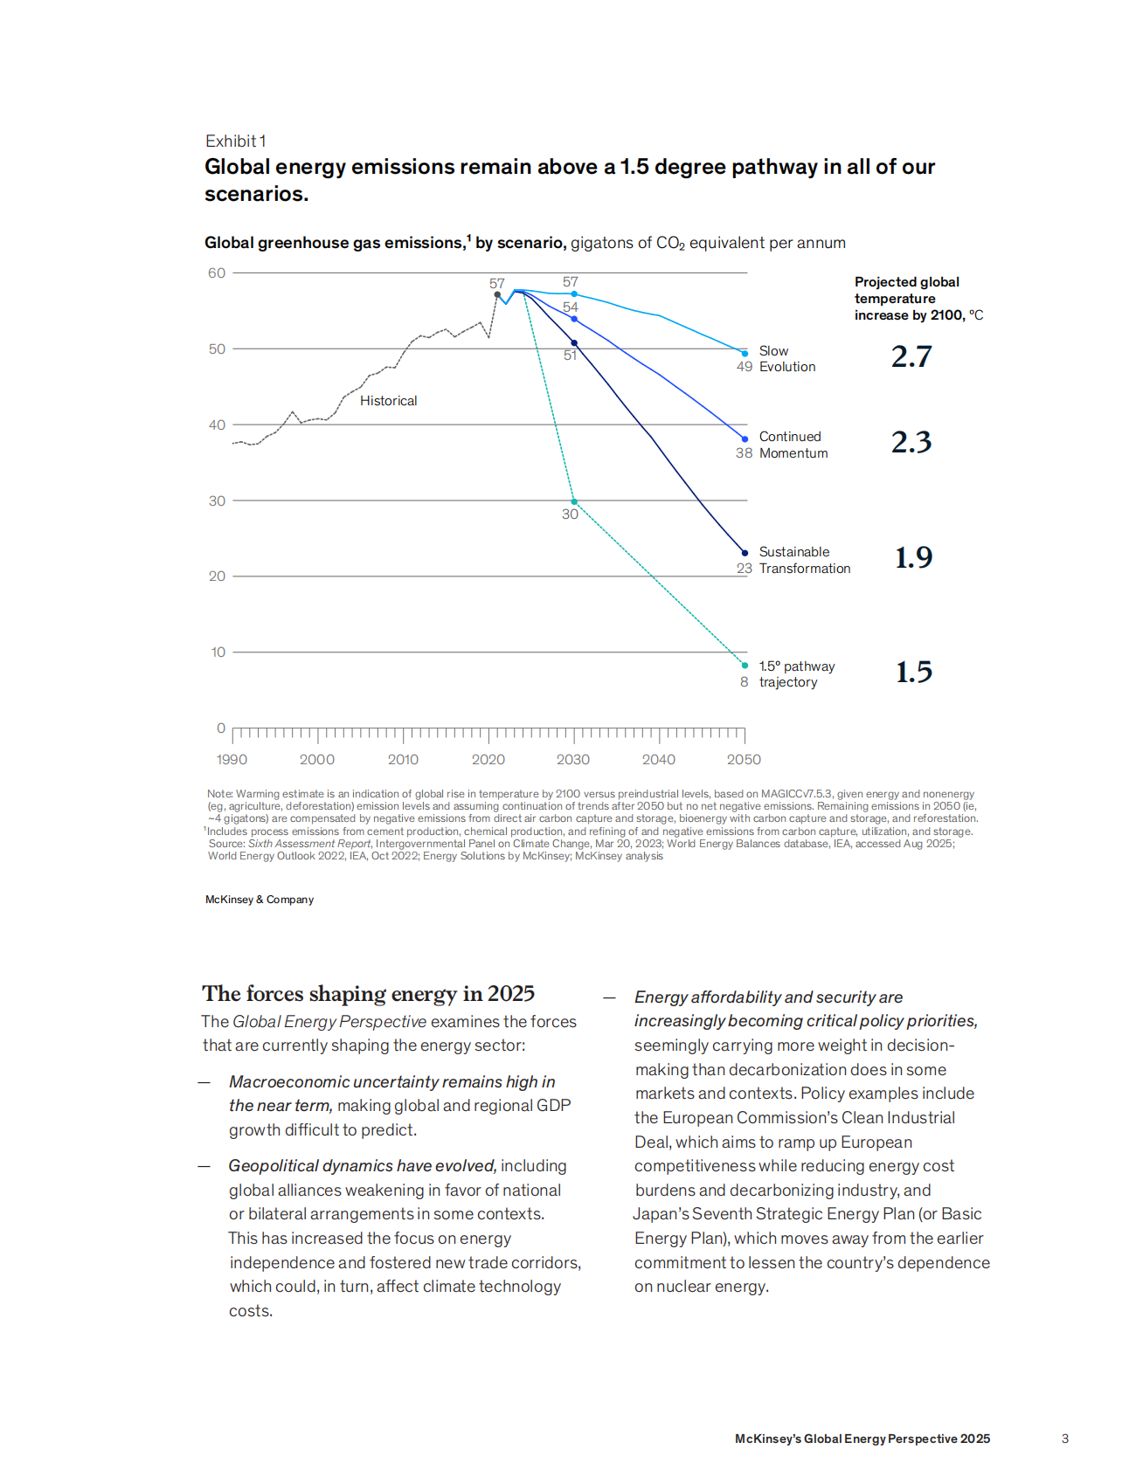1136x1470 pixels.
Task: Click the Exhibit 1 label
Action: [235, 141]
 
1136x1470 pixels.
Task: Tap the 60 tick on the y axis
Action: [217, 273]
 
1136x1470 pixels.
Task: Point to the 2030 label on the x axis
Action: [573, 760]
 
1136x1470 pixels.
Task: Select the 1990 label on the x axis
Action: [232, 760]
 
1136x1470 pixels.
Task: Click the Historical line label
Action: [388, 401]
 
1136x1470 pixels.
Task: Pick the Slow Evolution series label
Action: [786, 359]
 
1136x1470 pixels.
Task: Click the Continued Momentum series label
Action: [793, 445]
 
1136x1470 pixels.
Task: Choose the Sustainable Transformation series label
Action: [804, 560]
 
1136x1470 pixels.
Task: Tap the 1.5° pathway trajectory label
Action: [796, 674]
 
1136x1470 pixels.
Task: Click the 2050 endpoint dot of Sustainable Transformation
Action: [745, 552]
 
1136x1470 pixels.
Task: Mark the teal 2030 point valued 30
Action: [574, 501]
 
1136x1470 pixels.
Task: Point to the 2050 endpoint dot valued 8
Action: [745, 666]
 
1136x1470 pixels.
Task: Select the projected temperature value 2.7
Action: [911, 356]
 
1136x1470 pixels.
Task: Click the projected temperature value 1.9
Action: [913, 557]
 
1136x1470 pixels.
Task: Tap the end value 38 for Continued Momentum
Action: [744, 453]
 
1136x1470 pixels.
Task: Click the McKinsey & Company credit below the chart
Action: [260, 900]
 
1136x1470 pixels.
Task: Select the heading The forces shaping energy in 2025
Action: [368, 994]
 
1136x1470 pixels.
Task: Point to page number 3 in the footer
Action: [1064, 1439]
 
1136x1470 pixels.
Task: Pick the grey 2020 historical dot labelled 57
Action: [497, 295]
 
